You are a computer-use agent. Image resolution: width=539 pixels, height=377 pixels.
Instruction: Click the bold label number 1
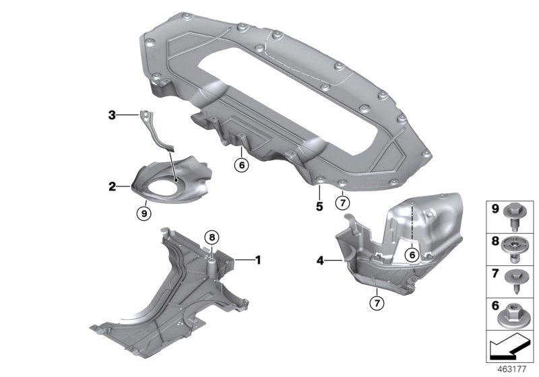point(257,259)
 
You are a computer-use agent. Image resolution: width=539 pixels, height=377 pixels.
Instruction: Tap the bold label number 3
point(113,116)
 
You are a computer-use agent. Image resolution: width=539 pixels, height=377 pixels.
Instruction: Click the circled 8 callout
point(211,237)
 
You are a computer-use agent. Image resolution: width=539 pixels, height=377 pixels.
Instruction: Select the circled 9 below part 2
point(143,213)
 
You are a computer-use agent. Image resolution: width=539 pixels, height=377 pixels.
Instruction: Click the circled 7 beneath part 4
point(375,302)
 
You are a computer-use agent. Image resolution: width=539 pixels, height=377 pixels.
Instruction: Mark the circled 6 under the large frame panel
point(241,164)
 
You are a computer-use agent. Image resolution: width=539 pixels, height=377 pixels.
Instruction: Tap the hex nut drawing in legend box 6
point(510,310)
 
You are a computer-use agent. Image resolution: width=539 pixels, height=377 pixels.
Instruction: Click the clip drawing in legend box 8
point(510,246)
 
